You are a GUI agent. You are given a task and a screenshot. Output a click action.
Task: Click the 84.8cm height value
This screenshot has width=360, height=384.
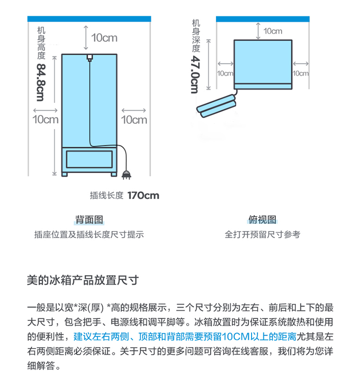pos(40,82)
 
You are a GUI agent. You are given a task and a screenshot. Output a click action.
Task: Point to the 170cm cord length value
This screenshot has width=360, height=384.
pos(143,196)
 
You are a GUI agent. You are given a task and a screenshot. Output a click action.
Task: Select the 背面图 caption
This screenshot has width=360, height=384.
pos(89,220)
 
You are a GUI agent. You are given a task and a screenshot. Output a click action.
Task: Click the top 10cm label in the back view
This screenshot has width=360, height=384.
pos(104,37)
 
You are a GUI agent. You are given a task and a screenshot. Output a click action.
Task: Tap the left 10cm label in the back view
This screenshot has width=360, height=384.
pos(45,119)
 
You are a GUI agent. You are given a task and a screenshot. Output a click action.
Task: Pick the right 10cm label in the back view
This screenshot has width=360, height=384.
pos(134,119)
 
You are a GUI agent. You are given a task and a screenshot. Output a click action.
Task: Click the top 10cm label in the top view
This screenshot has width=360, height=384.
pos(273,31)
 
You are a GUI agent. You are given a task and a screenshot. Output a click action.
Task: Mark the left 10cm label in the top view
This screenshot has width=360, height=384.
pos(225,73)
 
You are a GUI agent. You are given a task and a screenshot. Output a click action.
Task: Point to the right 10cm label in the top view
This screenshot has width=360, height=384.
pos(301,73)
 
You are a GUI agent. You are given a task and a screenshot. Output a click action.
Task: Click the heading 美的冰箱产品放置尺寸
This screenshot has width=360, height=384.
pos(83,280)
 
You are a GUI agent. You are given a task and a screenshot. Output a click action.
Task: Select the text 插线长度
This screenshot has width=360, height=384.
pos(107,196)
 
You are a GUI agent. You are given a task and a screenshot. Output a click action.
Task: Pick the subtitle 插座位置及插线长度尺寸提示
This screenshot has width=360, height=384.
pos(89,234)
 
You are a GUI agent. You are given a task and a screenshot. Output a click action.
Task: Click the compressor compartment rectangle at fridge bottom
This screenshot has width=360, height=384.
pos(89,158)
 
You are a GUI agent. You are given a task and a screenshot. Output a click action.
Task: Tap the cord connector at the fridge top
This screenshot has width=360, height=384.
pos(89,58)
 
